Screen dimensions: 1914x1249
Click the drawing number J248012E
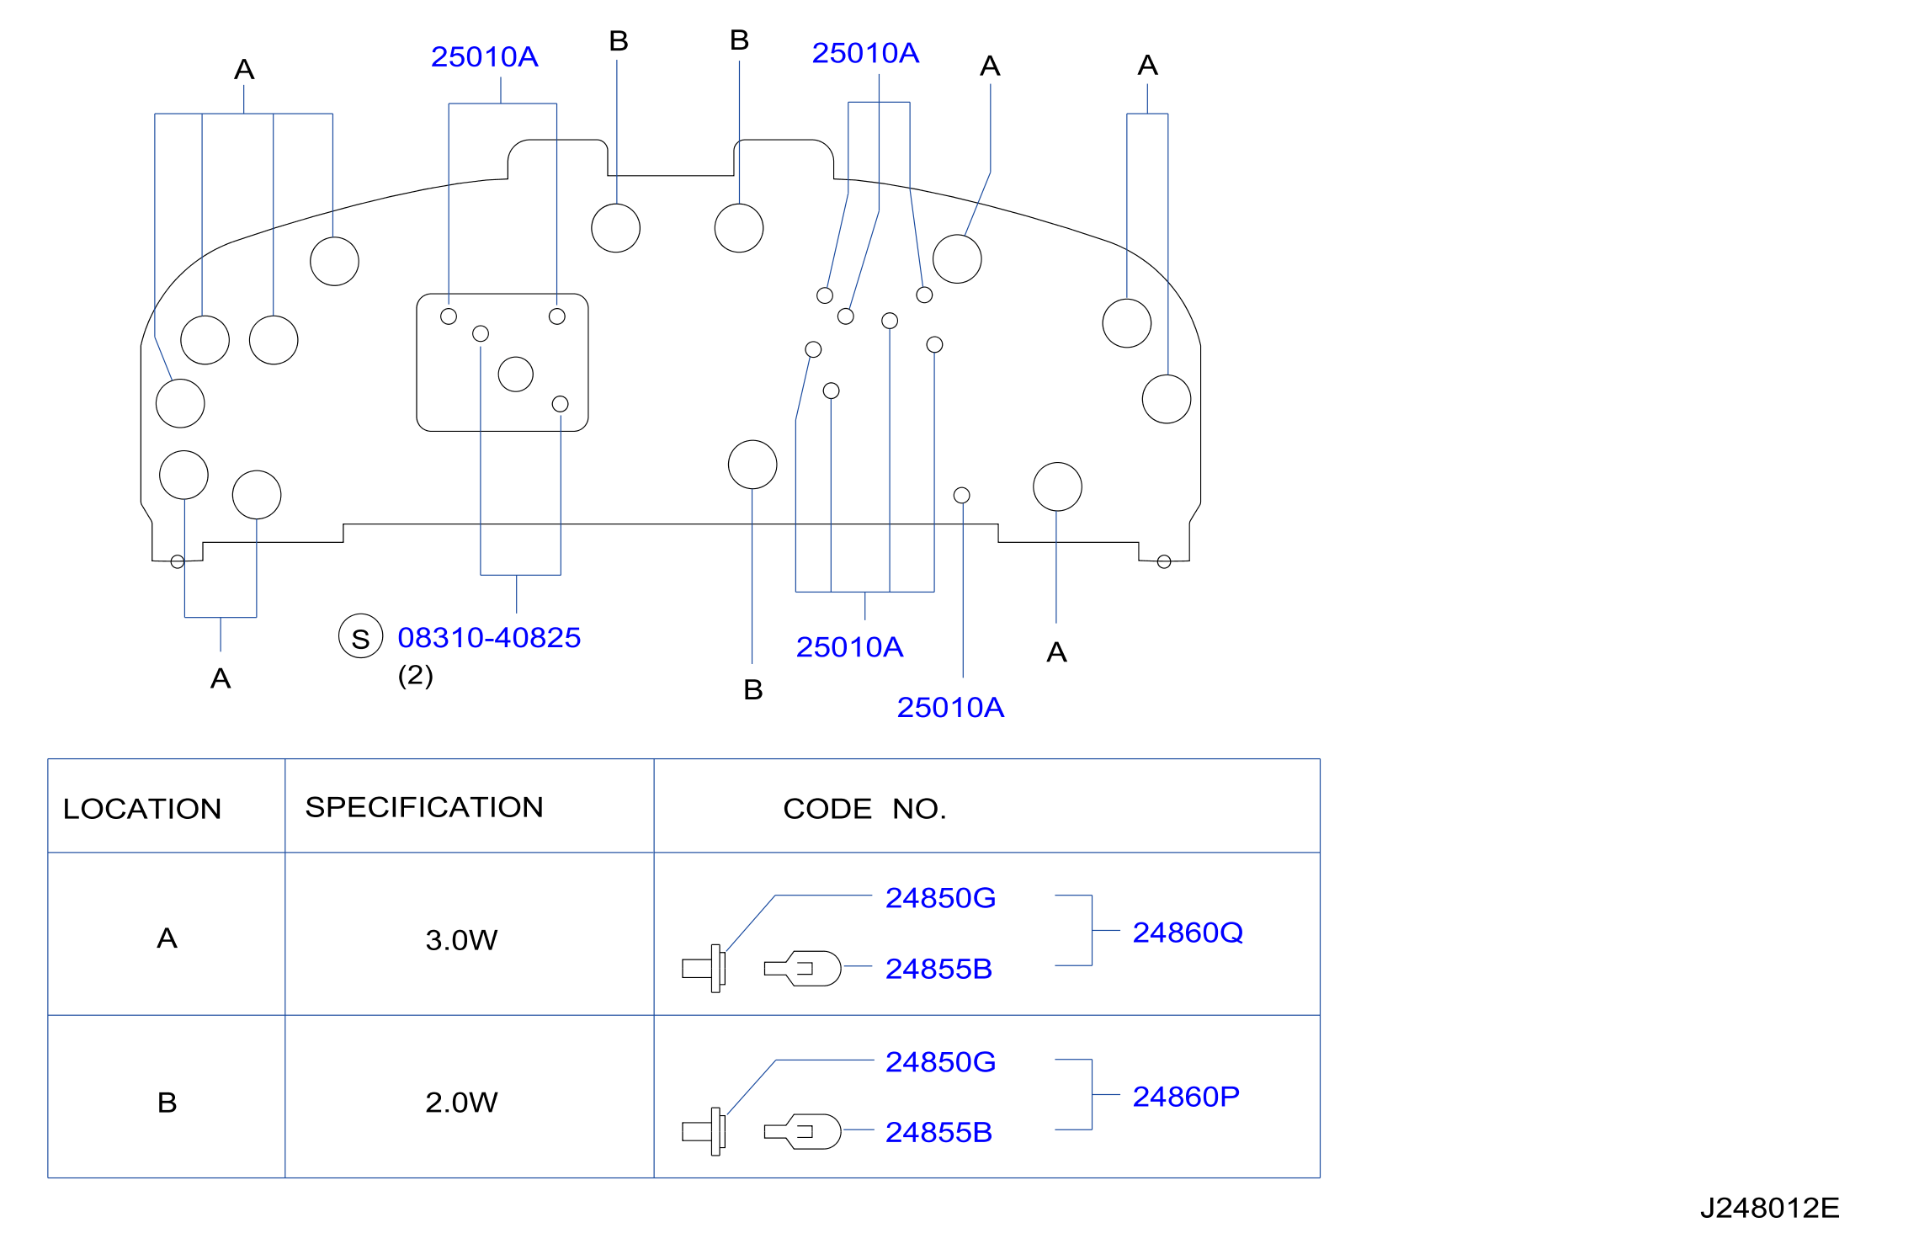coord(1769,1208)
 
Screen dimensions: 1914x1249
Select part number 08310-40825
coord(489,637)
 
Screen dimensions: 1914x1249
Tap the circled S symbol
coord(360,636)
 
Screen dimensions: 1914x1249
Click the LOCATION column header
coord(142,809)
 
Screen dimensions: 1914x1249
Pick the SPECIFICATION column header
coord(424,807)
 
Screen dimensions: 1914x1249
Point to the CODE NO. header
coord(864,809)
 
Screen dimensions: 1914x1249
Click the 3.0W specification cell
coord(461,939)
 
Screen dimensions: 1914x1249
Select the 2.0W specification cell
coord(461,1102)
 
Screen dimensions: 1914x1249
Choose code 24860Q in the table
coord(1188,932)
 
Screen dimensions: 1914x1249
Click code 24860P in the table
coord(1186,1096)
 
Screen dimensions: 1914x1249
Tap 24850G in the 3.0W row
coord(940,898)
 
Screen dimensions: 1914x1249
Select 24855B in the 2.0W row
coord(938,1132)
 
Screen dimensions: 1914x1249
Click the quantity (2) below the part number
coord(416,675)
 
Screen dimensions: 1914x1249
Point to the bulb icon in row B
coord(802,1131)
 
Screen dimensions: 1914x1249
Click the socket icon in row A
coord(704,968)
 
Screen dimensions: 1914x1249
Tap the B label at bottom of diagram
coord(753,690)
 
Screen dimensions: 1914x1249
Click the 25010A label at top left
coord(484,56)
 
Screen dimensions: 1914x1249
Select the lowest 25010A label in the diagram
coord(950,707)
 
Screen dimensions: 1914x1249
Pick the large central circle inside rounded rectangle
coord(516,375)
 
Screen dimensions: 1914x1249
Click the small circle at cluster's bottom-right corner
coord(1164,561)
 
